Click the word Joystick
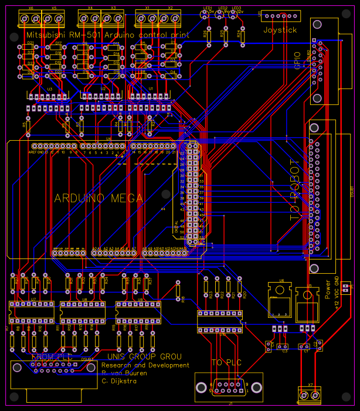[280, 30]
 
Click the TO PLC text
[226, 362]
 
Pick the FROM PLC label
[51, 356]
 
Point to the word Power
[328, 290]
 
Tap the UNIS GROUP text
[144, 356]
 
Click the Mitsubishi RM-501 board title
[108, 36]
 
